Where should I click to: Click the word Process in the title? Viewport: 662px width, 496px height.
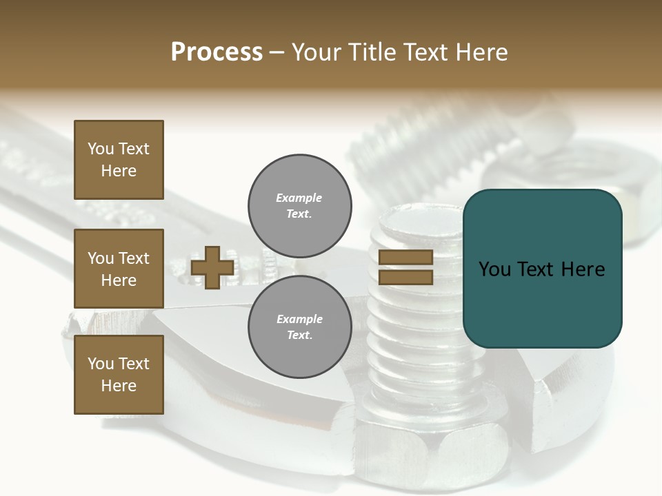217,52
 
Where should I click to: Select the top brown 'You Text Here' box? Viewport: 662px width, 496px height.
119,160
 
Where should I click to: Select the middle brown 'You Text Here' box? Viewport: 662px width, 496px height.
119,269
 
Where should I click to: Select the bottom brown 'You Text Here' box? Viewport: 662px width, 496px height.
119,374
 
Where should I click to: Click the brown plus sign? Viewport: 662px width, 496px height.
212,267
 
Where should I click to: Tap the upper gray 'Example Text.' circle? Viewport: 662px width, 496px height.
299,205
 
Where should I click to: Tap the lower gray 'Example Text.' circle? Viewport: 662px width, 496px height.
299,327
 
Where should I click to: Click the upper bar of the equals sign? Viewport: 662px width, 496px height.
405,257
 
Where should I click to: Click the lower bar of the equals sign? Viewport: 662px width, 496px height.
405,277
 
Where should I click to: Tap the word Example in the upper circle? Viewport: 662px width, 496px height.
299,198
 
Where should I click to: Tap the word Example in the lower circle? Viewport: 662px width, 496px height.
299,319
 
